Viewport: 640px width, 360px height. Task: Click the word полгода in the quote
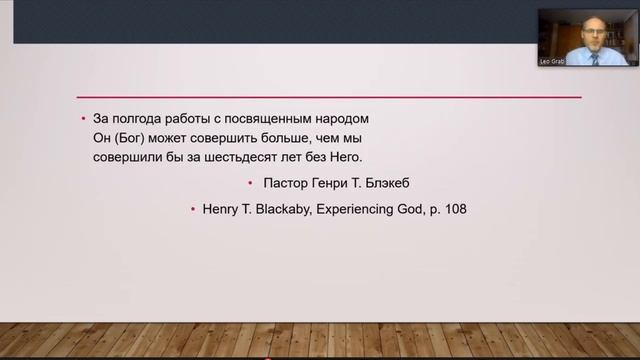pyautogui.click(x=128, y=119)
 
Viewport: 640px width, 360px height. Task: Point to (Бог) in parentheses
pyautogui.click(x=127, y=138)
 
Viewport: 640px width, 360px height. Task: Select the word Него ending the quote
pyautogui.click(x=342, y=157)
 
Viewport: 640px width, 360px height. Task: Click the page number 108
pyautogui.click(x=454, y=210)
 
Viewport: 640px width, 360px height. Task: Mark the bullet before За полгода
pyautogui.click(x=84, y=119)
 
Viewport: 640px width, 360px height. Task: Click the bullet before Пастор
pyautogui.click(x=249, y=184)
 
